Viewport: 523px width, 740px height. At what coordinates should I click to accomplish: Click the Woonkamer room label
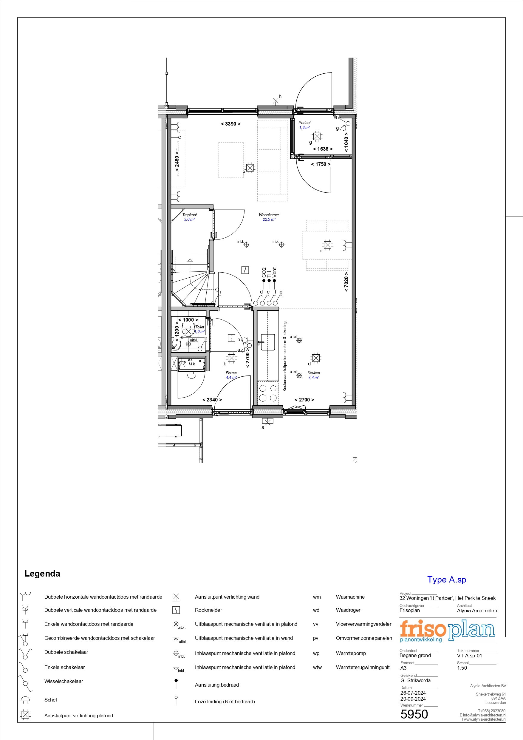coord(269,215)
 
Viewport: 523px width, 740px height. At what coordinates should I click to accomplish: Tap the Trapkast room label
coord(189,215)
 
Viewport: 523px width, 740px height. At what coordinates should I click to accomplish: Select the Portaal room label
coord(304,123)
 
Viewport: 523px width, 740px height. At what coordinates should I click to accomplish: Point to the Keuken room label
coord(314,373)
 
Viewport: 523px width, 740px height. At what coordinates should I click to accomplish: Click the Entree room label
coord(231,373)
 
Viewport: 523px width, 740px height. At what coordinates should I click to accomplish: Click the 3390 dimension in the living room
coord(231,124)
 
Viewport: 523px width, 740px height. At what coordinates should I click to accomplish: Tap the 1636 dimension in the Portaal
coord(323,149)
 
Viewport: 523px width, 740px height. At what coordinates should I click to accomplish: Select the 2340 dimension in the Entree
coord(212,400)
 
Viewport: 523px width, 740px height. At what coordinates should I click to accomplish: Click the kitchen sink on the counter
coord(267,342)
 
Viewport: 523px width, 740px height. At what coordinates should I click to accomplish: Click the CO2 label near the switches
coord(264,272)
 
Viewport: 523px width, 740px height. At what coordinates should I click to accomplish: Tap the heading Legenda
coord(42,574)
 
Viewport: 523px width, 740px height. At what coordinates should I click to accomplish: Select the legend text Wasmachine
coord(350,597)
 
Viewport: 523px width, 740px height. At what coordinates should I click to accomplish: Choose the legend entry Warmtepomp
coord(351,653)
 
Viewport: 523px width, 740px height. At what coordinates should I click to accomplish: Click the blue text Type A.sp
coord(447,580)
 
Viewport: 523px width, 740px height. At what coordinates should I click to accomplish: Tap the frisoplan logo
coord(447,631)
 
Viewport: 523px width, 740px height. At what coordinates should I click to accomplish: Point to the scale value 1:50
coord(462,668)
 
